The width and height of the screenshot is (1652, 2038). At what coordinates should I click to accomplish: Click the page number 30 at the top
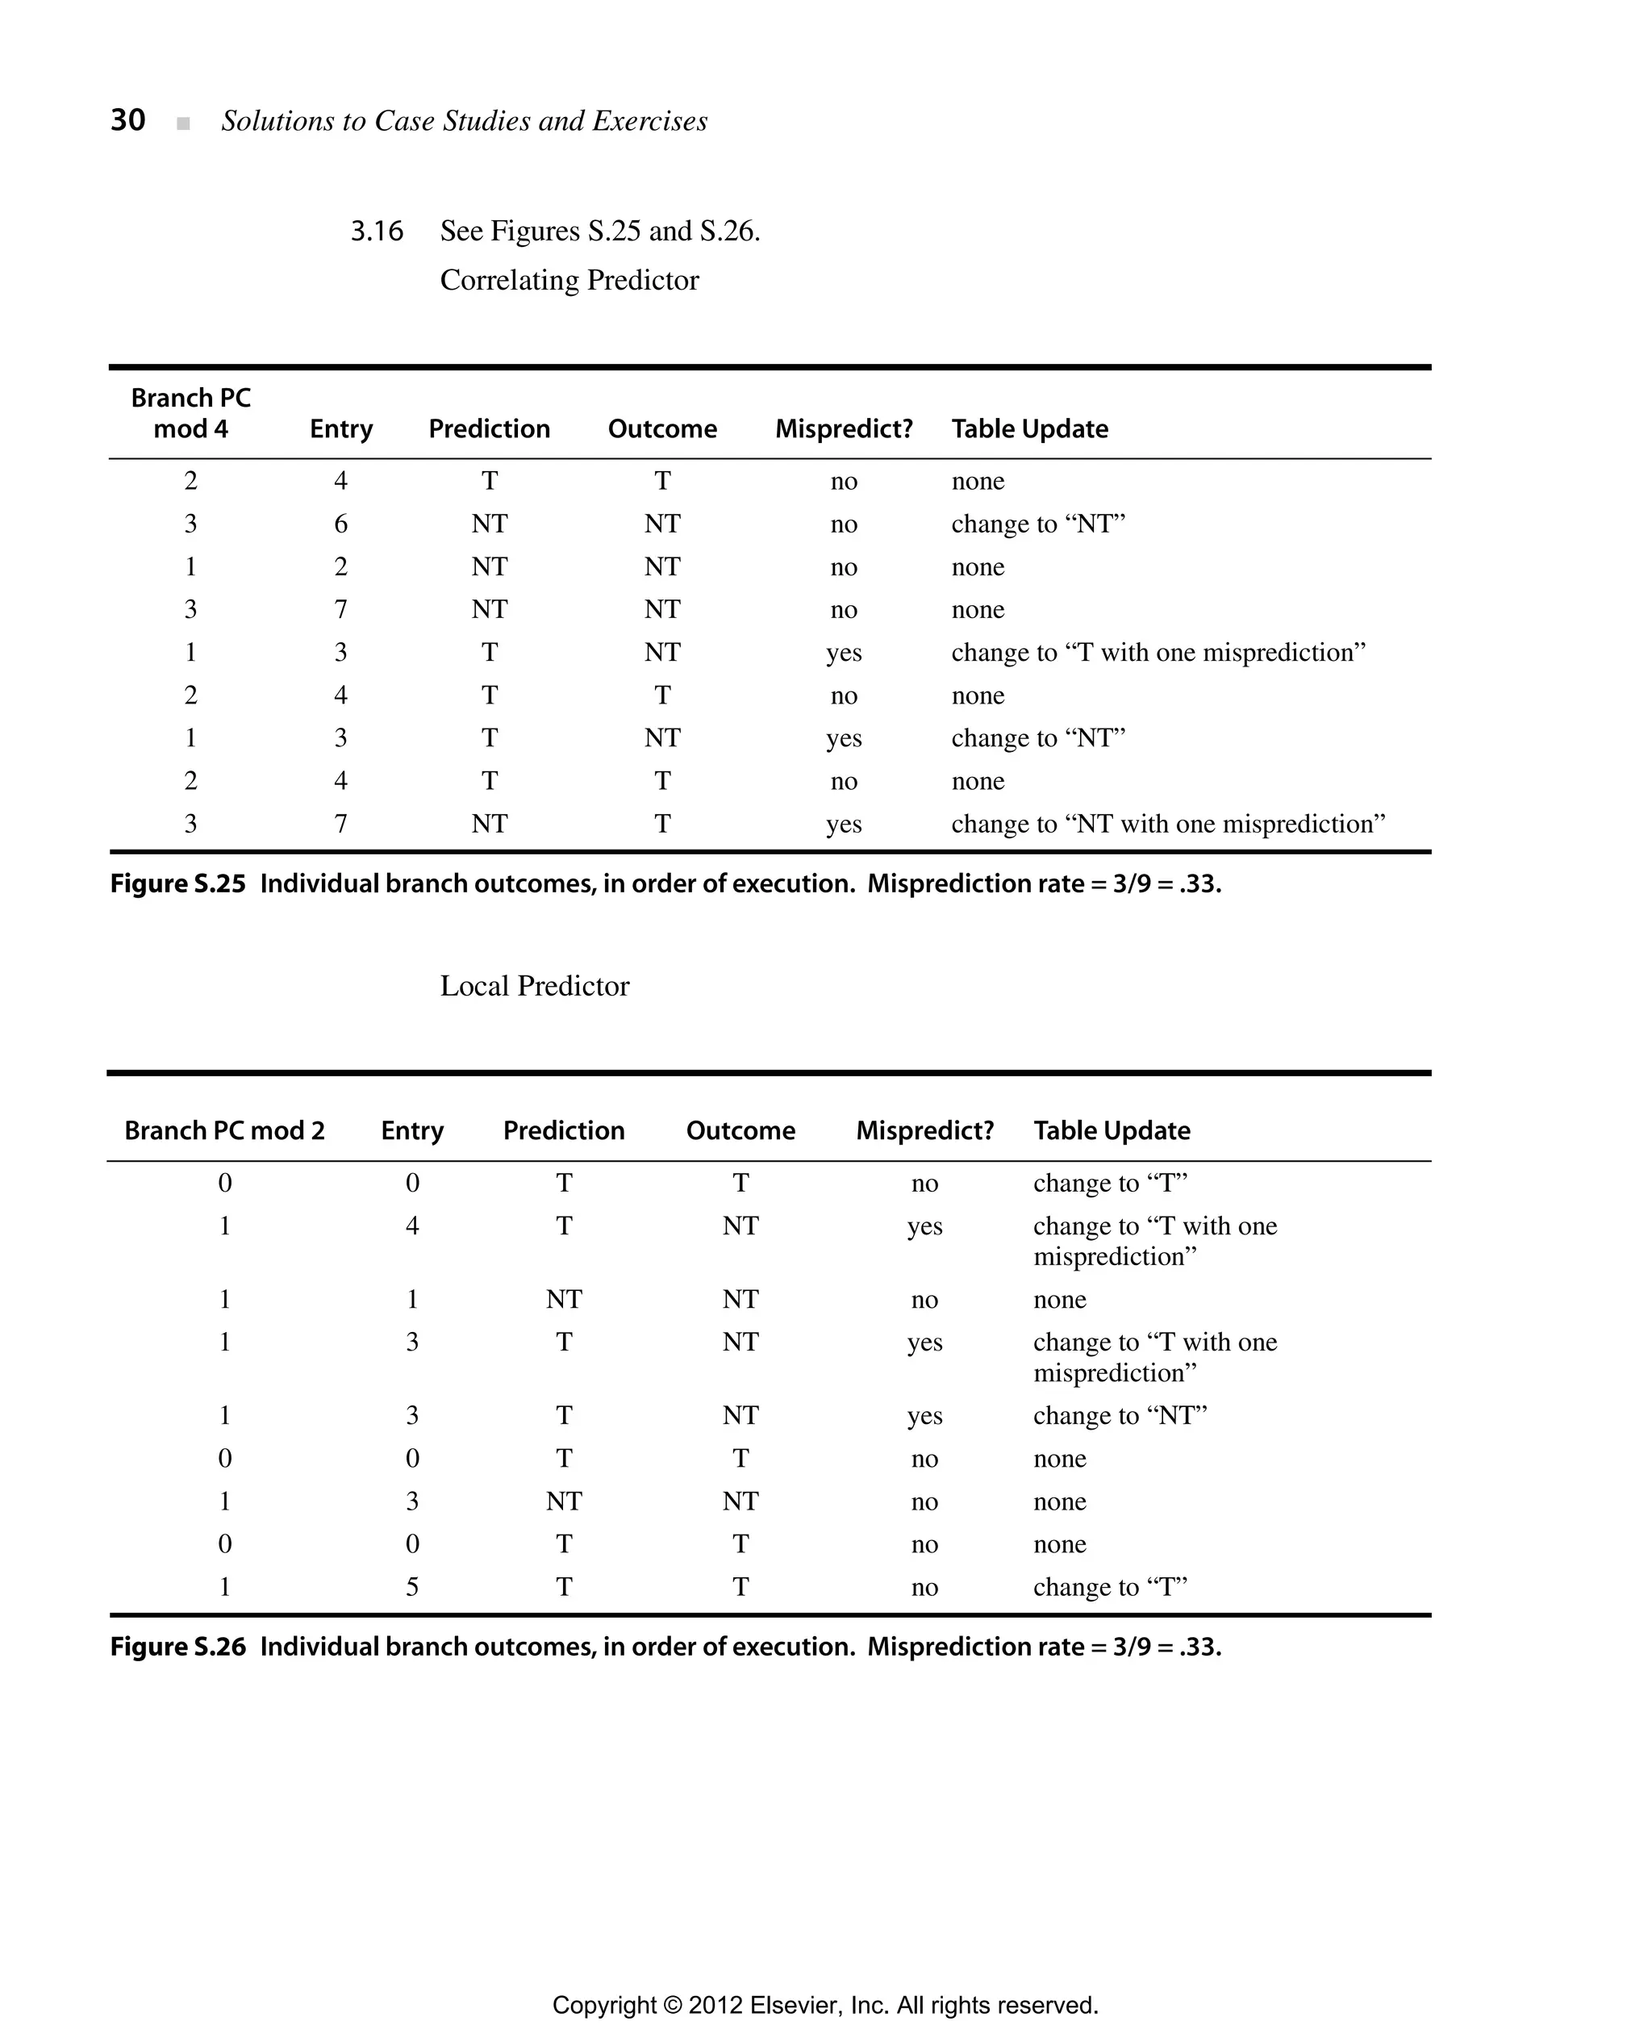pos(127,120)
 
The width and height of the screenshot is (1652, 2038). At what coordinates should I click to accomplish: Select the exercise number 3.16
pos(376,232)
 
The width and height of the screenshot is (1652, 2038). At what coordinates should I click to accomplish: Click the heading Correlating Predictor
pos(569,280)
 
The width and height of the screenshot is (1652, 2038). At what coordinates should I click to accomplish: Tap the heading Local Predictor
pos(534,985)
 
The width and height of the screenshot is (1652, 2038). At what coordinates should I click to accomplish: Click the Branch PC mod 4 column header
pos(190,413)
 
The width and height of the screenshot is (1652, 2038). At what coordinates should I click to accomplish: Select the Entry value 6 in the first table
pos(340,524)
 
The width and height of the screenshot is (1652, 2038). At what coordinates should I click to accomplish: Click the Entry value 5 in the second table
pos(412,1587)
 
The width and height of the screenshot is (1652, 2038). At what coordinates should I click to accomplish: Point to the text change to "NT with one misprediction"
pos(1168,824)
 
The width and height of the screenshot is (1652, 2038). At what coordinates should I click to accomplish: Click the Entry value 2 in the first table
pos(340,566)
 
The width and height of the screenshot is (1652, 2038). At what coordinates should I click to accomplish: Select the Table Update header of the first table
pos(1029,428)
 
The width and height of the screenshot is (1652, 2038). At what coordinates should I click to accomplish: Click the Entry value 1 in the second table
pos(412,1299)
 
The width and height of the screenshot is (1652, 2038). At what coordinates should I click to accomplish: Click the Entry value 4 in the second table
pos(412,1226)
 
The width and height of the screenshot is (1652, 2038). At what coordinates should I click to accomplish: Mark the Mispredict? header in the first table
pos(843,428)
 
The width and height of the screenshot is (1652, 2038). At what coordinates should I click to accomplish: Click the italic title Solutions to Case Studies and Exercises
pos(465,121)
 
